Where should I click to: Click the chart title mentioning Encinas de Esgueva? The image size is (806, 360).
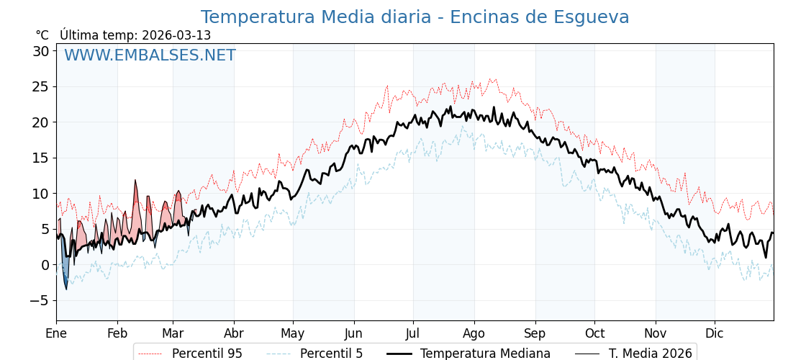coord(415,17)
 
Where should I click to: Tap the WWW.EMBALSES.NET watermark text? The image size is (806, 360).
coord(150,55)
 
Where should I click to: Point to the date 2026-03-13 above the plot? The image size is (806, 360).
coord(176,35)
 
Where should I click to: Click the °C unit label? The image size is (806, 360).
coord(42,35)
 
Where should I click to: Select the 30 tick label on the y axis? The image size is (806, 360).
coord(40,51)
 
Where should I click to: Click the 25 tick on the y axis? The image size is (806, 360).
coord(40,87)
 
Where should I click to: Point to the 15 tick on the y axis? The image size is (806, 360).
coord(40,158)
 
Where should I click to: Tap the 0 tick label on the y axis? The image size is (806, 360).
coord(45,265)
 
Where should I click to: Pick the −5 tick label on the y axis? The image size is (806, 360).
coord(39,300)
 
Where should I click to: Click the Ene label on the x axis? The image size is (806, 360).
coord(56,333)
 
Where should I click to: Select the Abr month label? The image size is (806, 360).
coord(234,333)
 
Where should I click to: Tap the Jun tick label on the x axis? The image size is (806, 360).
coord(353,333)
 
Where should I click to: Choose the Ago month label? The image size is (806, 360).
coord(474,333)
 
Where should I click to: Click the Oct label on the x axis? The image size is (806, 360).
coord(594,333)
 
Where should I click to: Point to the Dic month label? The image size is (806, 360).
coord(715,333)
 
